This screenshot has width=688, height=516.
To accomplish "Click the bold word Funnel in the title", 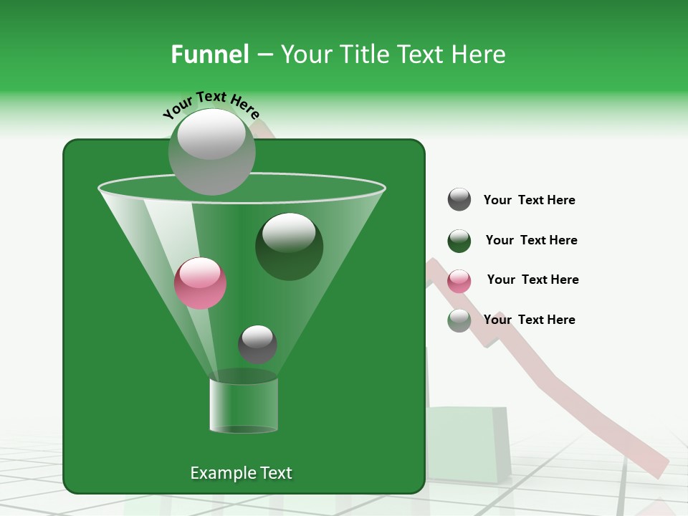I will (209, 54).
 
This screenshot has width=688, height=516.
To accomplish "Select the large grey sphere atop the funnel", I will (211, 151).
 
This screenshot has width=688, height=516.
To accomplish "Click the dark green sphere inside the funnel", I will (289, 247).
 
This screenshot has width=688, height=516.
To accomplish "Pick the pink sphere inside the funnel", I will (200, 283).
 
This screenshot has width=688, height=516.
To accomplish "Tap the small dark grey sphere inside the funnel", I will (257, 344).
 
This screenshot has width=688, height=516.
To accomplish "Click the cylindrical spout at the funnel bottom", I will (244, 405).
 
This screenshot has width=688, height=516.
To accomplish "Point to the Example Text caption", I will (241, 473).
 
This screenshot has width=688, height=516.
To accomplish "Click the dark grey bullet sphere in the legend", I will (459, 200).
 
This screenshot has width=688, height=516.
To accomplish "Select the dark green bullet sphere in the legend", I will (459, 241).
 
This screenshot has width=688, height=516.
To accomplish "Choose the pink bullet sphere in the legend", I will (459, 281).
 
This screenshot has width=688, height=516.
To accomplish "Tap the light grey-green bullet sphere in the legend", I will (459, 320).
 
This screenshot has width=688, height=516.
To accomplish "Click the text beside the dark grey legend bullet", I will (529, 201).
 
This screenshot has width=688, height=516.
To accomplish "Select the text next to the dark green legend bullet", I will (531, 241).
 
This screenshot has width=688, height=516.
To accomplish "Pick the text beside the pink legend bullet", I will (532, 280).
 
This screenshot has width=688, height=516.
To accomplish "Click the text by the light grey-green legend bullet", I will (529, 320).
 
